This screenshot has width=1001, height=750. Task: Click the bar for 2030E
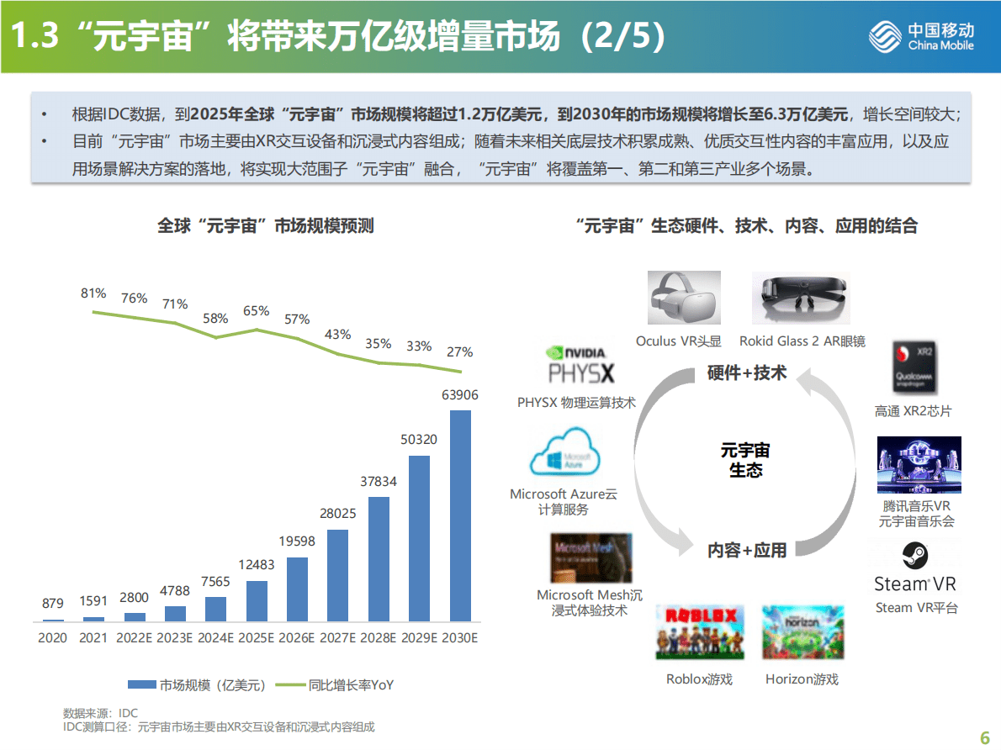tap(460, 515)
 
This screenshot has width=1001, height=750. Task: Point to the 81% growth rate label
tap(93, 293)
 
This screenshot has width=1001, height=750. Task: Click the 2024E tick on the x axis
tap(216, 638)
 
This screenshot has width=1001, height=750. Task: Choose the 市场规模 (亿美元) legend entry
tap(198, 685)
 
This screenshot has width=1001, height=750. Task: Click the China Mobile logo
tap(922, 36)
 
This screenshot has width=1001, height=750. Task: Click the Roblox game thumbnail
tap(698, 632)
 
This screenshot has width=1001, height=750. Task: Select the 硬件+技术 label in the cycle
tap(747, 372)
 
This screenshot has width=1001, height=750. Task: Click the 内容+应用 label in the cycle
tap(747, 551)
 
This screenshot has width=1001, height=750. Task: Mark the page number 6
tap(985, 737)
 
